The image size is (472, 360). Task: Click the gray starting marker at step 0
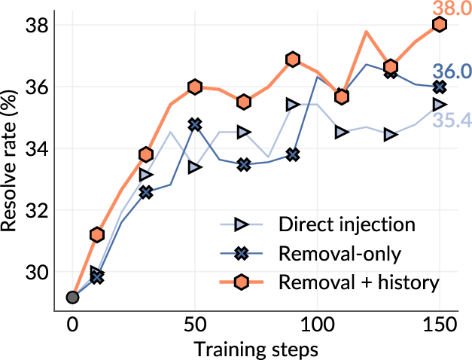tap(72, 297)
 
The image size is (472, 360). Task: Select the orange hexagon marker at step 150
tap(440, 25)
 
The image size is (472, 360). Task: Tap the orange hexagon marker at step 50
tap(195, 87)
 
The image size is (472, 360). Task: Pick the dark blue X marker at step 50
tap(195, 124)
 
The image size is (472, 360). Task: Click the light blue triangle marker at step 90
tap(293, 104)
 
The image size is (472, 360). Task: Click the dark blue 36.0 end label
tap(453, 72)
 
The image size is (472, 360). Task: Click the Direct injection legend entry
tap(346, 224)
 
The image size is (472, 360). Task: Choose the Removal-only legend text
tap(336, 253)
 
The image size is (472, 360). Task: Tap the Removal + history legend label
tap(358, 282)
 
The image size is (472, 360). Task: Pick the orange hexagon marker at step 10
tap(96, 235)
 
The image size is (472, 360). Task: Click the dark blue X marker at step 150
tap(440, 87)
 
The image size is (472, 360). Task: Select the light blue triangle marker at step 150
tap(440, 104)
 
